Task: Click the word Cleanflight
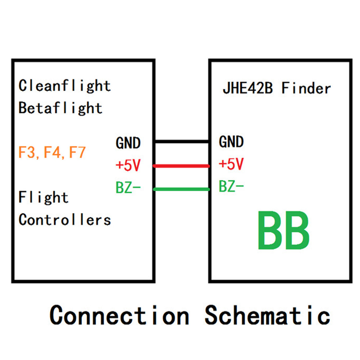tap(64, 86)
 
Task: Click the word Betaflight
tap(60, 108)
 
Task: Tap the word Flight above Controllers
tap(43, 198)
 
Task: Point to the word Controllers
tap(64, 219)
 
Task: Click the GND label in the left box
tap(128, 143)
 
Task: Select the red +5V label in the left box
tap(128, 166)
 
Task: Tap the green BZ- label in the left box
tap(128, 188)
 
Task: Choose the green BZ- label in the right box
tap(231, 187)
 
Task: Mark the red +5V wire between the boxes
tap(182, 166)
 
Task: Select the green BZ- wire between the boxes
tap(182, 189)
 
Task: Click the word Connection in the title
tap(119, 315)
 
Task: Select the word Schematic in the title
tap(267, 315)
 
